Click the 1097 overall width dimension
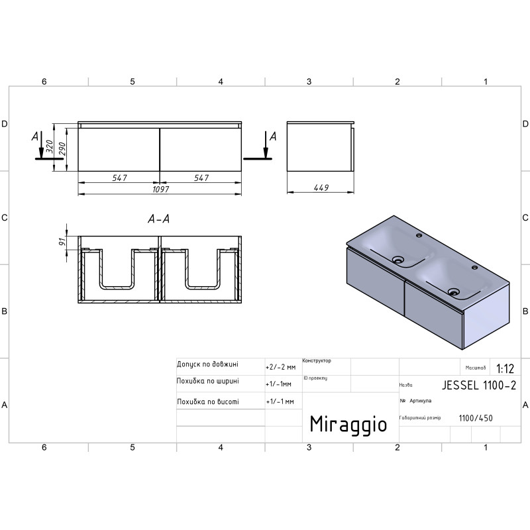point(160,189)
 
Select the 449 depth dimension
point(321,187)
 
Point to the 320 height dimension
point(50,146)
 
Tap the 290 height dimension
point(62,149)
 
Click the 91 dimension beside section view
point(62,242)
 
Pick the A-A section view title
point(158,219)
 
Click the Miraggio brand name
point(348,425)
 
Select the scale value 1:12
point(505,368)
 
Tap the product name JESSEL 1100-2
point(479,386)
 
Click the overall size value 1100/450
point(476,418)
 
